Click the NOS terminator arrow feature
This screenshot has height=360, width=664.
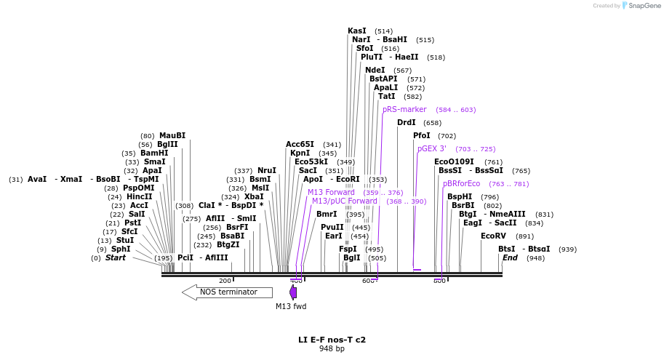(227, 292)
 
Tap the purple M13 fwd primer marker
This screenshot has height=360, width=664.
(293, 292)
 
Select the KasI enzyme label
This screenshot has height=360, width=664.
(357, 31)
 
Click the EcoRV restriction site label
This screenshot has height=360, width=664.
(493, 236)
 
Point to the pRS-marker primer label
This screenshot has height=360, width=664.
(404, 110)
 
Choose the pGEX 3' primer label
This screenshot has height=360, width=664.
(432, 149)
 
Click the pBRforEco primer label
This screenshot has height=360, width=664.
(461, 184)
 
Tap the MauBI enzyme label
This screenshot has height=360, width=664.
(172, 136)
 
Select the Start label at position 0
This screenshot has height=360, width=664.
(116, 258)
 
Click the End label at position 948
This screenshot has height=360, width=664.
(510, 258)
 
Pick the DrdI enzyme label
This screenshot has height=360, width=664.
(407, 123)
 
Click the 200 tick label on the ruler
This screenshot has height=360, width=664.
(225, 281)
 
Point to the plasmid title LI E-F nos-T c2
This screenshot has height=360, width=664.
(332, 340)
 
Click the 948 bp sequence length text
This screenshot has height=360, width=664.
(332, 349)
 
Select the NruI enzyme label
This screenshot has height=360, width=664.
(267, 171)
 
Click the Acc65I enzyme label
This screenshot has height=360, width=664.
(300, 145)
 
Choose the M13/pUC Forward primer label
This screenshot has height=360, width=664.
(345, 201)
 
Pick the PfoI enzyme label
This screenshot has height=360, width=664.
(422, 136)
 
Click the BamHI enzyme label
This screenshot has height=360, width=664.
(154, 153)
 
